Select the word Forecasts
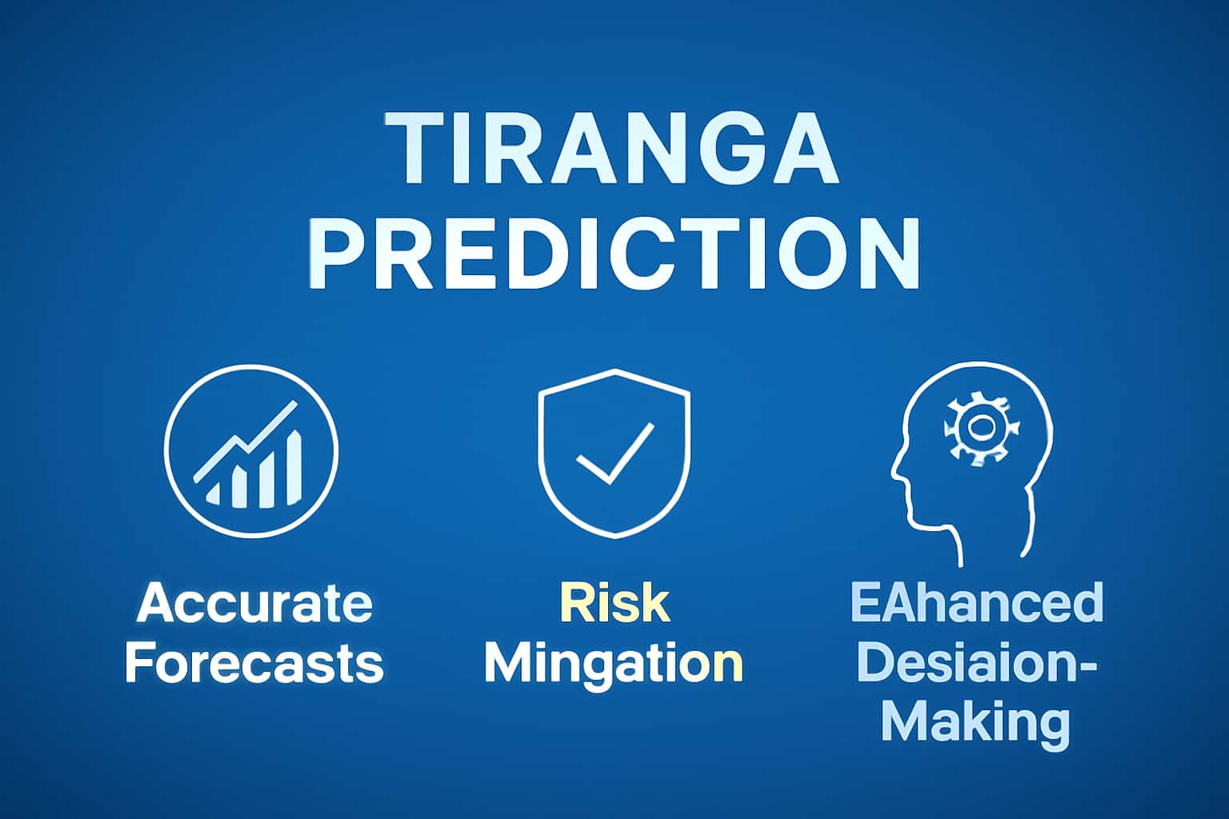coord(254,663)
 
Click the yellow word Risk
coord(614,603)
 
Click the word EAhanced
coord(976,603)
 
